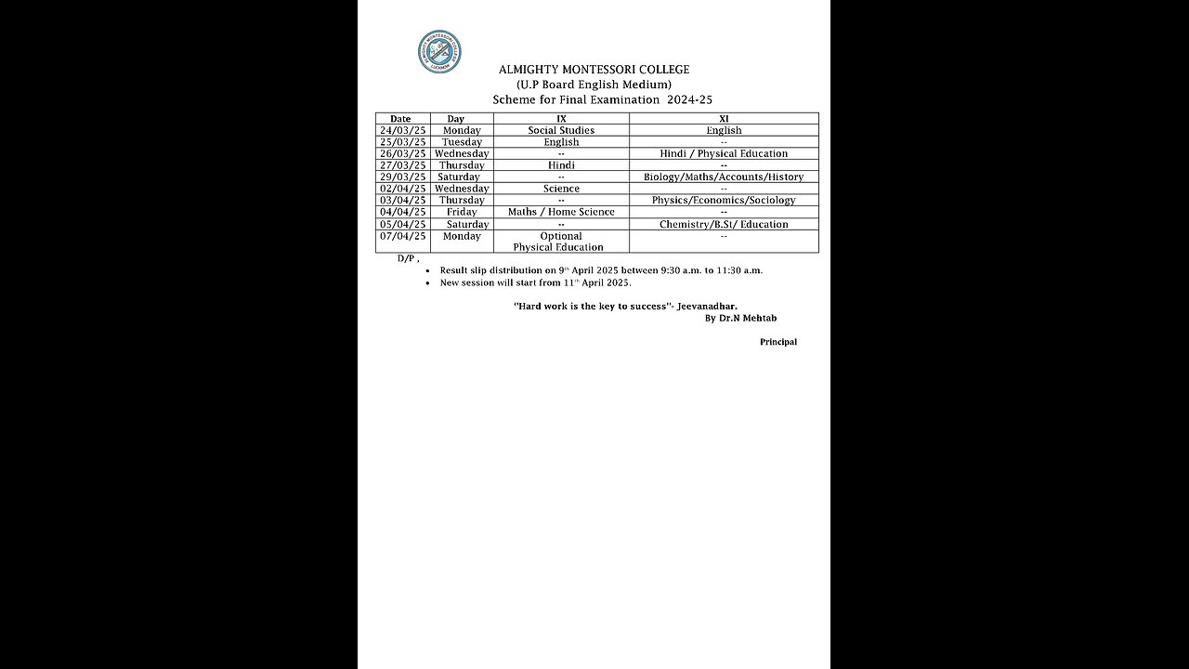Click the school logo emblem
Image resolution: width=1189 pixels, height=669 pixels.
pos(439,52)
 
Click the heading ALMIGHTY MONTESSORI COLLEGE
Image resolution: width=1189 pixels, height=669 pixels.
pos(594,70)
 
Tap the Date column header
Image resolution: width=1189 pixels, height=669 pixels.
pos(400,119)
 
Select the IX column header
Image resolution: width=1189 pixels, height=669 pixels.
pos(561,119)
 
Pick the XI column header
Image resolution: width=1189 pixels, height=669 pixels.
pos(724,119)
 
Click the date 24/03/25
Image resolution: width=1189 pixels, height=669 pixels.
pos(402,131)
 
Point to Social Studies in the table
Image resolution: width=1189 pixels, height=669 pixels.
pos(561,131)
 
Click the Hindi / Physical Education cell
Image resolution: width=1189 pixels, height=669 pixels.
pos(724,154)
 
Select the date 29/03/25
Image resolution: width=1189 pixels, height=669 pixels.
pos(402,177)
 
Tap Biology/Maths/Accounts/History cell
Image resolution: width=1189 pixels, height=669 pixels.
pos(724,177)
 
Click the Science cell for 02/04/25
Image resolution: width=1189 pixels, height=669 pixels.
pos(561,189)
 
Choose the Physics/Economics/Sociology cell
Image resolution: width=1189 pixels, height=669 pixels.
pos(724,201)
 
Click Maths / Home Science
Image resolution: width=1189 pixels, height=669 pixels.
pos(561,213)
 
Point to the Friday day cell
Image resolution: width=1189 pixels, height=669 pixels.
pos(462,213)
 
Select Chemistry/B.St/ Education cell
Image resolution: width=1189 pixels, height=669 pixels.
pos(724,225)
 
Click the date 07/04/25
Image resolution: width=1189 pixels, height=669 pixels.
pos(402,237)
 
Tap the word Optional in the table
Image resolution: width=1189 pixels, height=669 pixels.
pos(561,237)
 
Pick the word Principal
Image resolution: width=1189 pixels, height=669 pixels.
pos(778,342)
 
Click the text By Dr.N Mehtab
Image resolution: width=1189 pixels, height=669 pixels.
pos(740,319)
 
